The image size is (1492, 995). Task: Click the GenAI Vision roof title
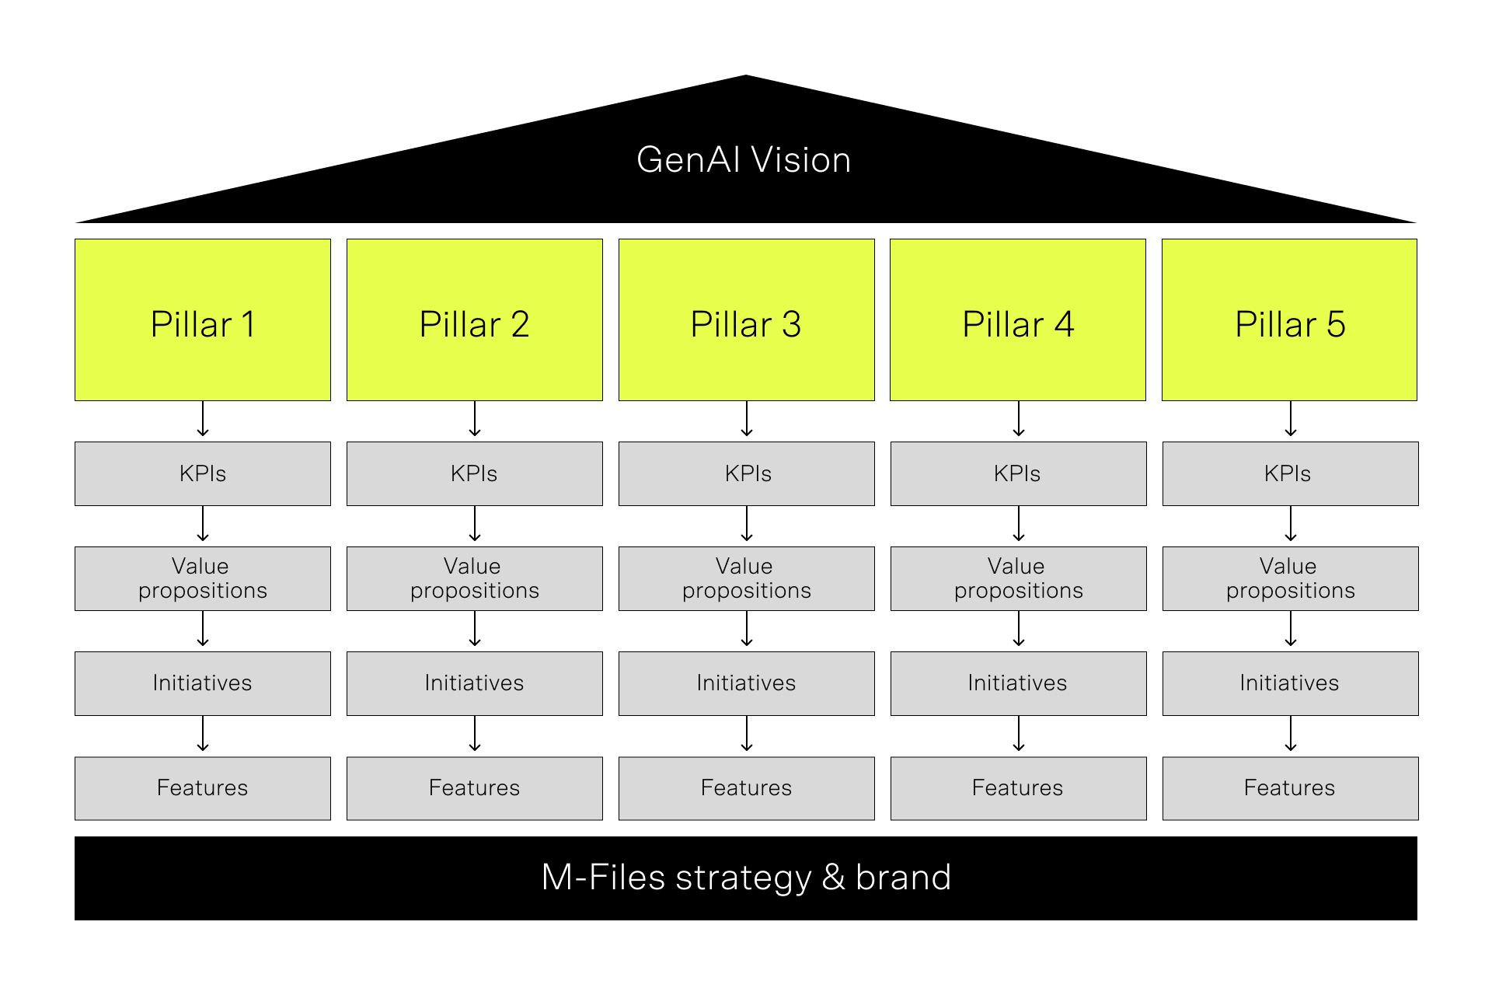pyautogui.click(x=744, y=160)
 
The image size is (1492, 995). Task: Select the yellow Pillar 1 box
pyautogui.click(x=203, y=319)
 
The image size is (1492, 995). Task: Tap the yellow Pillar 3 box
pyautogui.click(x=746, y=319)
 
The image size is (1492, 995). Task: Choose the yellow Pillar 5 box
pyautogui.click(x=1289, y=319)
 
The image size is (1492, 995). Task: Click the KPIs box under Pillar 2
pyautogui.click(x=474, y=473)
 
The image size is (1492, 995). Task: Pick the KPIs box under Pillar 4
pyautogui.click(x=1018, y=473)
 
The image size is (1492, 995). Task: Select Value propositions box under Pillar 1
pyautogui.click(x=203, y=578)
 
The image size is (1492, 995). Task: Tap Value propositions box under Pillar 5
pyautogui.click(x=1290, y=578)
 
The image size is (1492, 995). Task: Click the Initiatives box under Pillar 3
pyautogui.click(x=746, y=683)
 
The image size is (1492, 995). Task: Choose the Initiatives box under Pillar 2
pyautogui.click(x=474, y=683)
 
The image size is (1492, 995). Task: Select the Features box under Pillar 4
pyautogui.click(x=1018, y=788)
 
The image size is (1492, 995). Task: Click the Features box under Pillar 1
pyautogui.click(x=203, y=788)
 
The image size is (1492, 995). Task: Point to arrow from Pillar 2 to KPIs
pyautogui.click(x=475, y=420)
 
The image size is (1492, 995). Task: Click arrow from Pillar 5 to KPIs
pyautogui.click(x=1291, y=420)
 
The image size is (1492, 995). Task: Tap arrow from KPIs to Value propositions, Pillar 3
pyautogui.click(x=747, y=525)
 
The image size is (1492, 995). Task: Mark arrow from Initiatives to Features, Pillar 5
pyautogui.click(x=1291, y=735)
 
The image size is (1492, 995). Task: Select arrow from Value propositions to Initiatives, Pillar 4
pyautogui.click(x=1019, y=630)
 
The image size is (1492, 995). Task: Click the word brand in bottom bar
pyautogui.click(x=903, y=878)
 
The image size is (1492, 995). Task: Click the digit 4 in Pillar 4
pyautogui.click(x=1064, y=324)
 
